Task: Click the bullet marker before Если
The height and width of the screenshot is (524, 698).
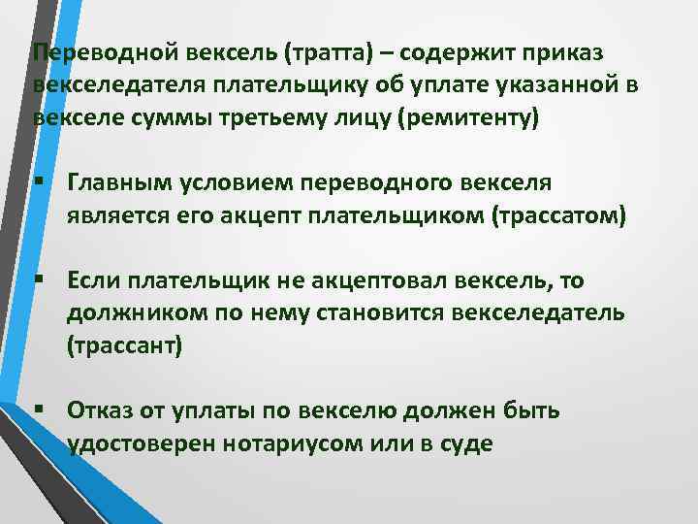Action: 39,279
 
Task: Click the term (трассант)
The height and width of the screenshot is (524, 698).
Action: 124,346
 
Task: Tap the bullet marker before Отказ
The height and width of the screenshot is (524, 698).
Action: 39,409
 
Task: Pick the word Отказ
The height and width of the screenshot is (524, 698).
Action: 101,410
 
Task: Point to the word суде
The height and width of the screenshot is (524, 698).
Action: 468,443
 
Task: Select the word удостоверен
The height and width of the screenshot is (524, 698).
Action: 135,443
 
